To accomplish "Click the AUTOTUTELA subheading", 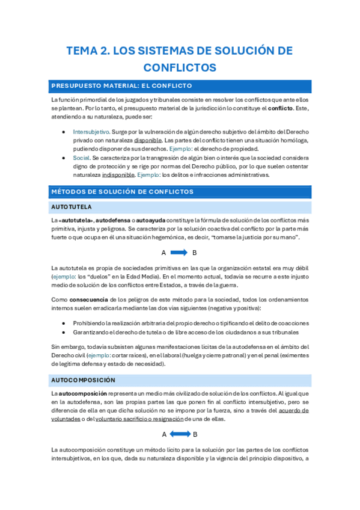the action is (72, 207).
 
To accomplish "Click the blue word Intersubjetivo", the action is (91, 131).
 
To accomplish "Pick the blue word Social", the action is (81, 158).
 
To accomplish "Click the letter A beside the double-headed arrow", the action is (164, 434).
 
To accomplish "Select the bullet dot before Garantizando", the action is (64, 332).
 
